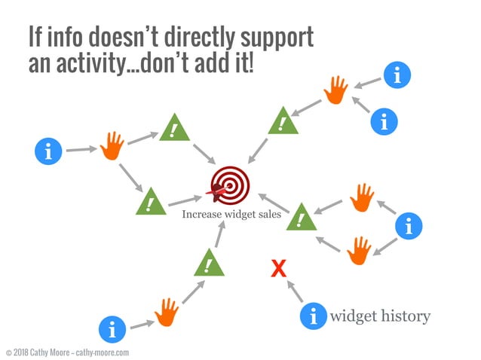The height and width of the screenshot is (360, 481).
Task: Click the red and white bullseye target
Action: [x=227, y=184]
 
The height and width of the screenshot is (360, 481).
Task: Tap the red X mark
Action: [x=278, y=267]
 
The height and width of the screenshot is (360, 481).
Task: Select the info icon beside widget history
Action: [x=314, y=316]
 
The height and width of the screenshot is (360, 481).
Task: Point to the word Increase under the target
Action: [x=201, y=215]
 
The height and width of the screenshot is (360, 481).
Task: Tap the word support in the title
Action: [x=274, y=37]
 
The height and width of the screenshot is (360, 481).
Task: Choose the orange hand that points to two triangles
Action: [x=112, y=145]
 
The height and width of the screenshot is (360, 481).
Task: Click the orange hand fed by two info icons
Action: [x=335, y=90]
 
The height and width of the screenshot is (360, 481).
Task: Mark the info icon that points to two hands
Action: [x=409, y=224]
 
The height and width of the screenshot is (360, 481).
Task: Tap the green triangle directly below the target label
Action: [x=209, y=264]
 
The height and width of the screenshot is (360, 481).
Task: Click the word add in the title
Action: [x=212, y=64]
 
